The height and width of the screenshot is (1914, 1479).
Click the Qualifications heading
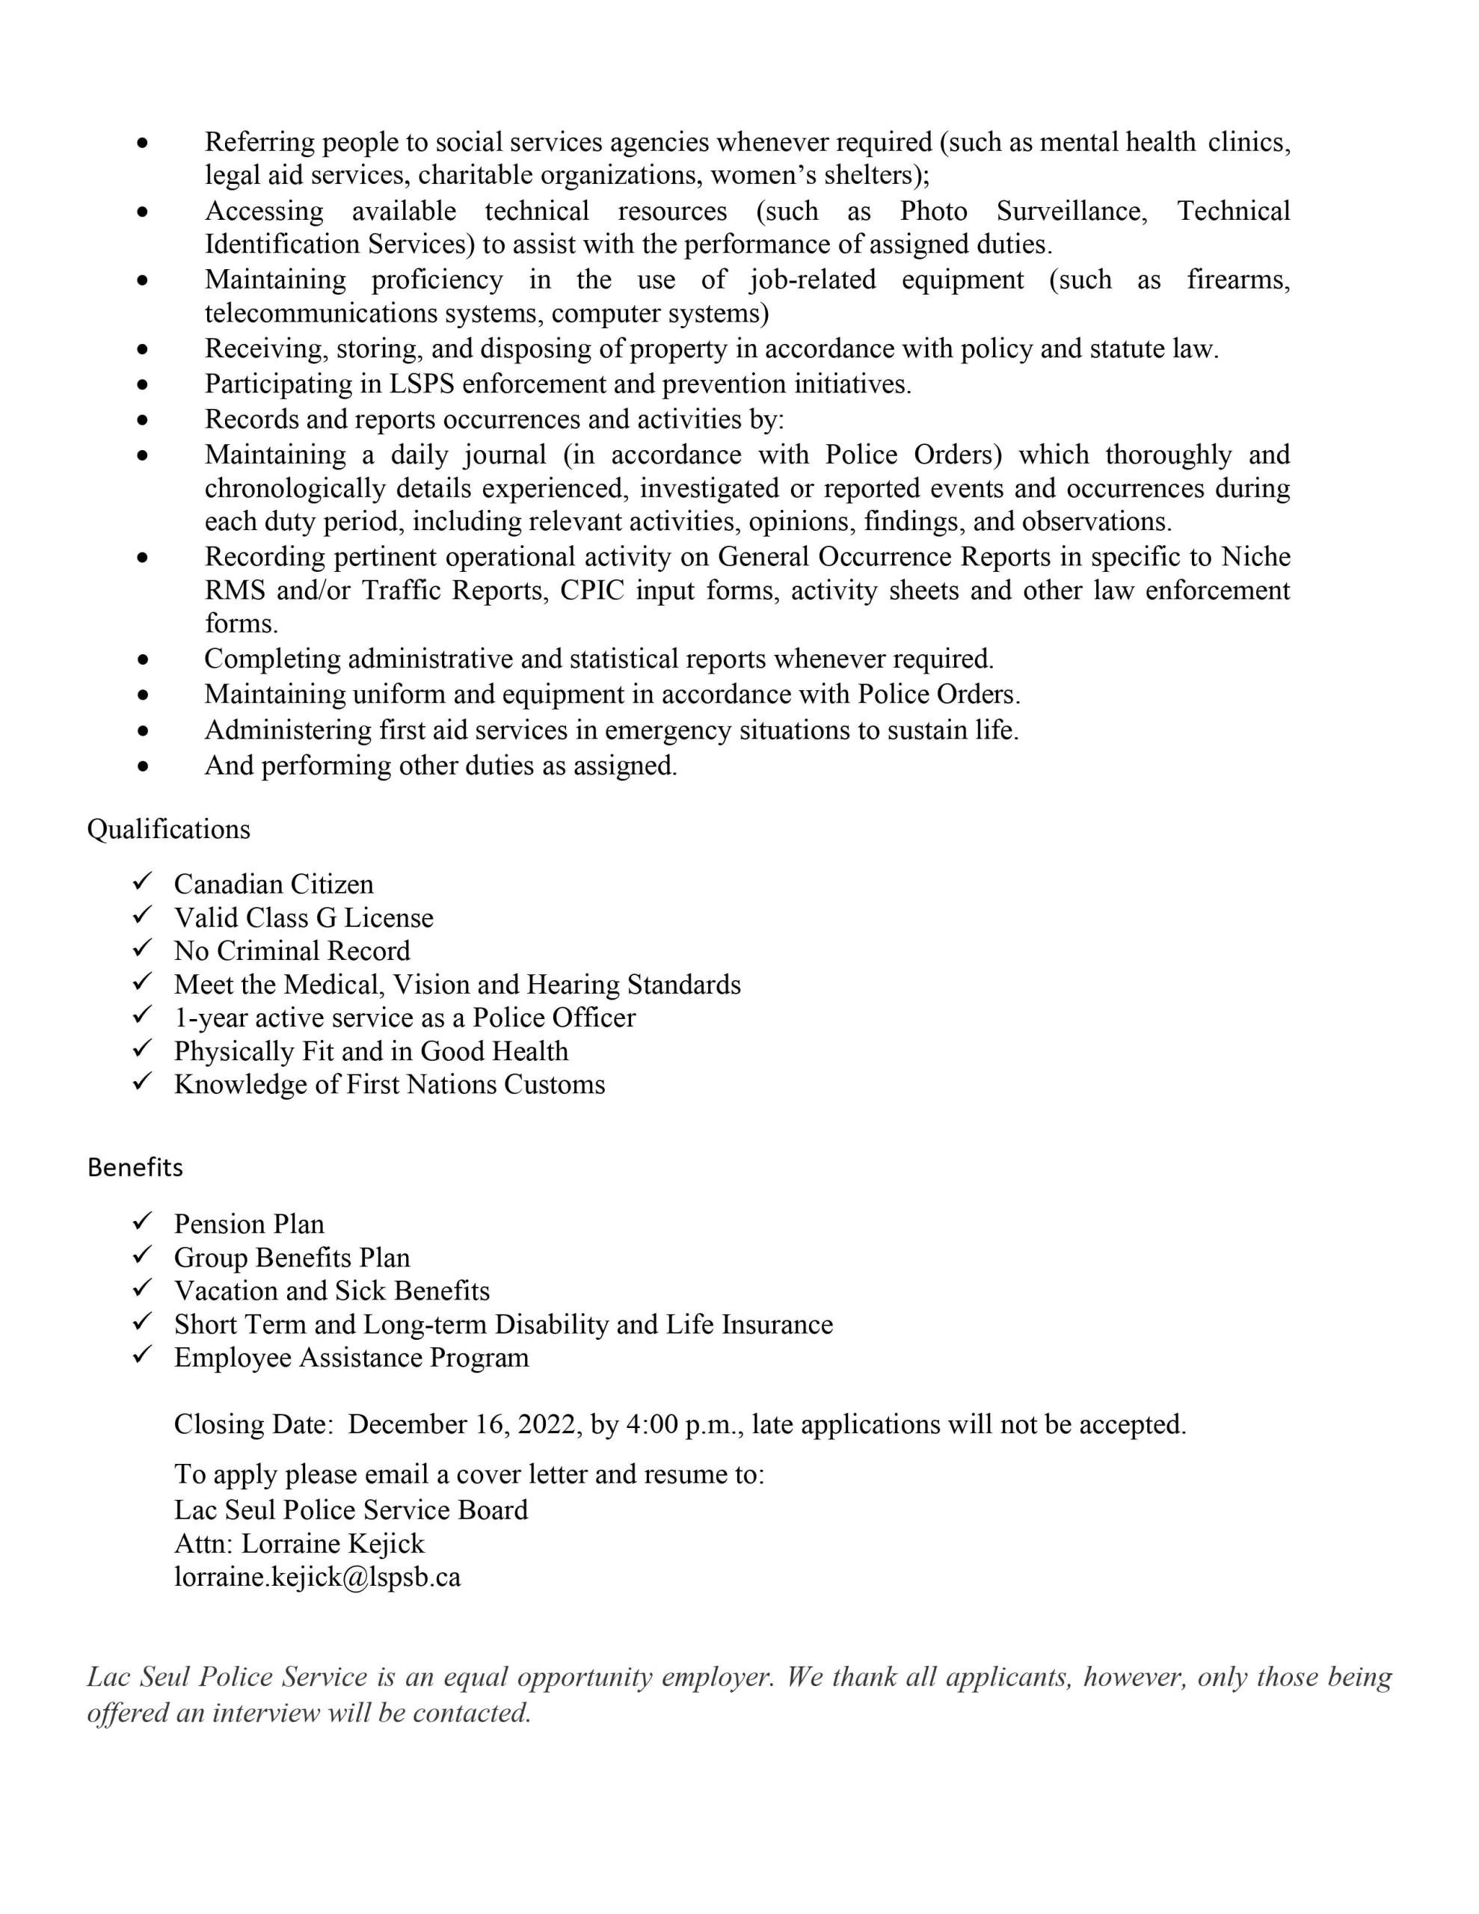coord(168,829)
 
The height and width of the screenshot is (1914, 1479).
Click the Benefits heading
coord(135,1167)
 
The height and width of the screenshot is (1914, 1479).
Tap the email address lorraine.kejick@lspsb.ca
coord(317,1577)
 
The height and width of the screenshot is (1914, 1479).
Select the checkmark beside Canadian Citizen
coord(143,881)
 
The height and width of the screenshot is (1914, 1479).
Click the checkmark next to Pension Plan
coord(143,1221)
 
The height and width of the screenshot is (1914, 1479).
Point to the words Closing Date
coord(253,1424)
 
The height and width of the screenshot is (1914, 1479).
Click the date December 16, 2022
coord(464,1424)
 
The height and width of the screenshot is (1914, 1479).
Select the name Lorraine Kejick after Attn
coord(332,1543)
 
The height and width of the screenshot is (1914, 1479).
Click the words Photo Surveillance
coord(1023,211)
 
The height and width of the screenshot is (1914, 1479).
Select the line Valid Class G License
coord(304,917)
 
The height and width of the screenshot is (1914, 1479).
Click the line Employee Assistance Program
coord(351,1358)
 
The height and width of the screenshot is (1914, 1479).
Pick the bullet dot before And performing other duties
coord(143,766)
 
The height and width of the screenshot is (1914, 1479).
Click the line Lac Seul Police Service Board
coord(351,1510)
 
